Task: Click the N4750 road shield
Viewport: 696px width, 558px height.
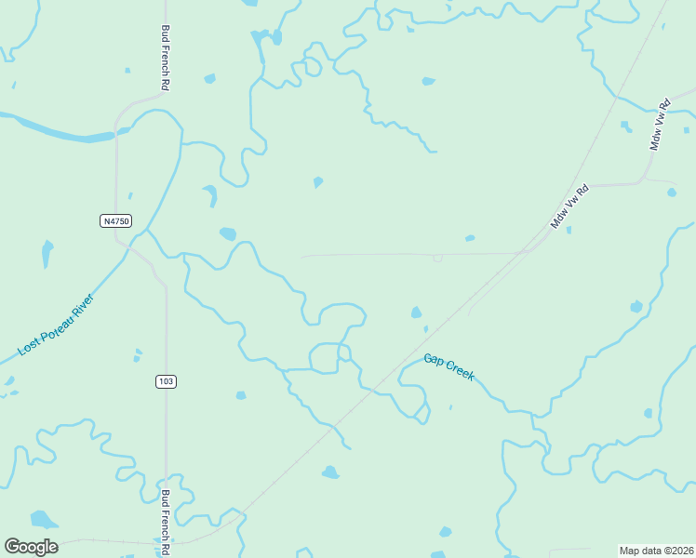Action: click(x=116, y=220)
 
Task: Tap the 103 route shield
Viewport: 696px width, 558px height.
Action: click(x=166, y=381)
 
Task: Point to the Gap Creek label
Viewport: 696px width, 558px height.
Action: click(x=449, y=366)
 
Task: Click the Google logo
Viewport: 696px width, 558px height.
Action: click(x=31, y=547)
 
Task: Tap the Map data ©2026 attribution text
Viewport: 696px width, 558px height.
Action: click(x=655, y=550)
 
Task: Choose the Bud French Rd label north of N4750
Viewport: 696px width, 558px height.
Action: click(x=166, y=58)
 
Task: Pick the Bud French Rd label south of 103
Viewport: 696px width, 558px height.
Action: click(x=166, y=517)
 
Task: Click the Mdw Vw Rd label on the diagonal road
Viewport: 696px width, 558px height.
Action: click(x=570, y=206)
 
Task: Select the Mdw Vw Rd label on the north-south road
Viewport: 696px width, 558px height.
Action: click(x=661, y=125)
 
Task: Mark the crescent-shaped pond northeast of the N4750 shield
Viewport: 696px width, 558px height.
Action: click(x=210, y=194)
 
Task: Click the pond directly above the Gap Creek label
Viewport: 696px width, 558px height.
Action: click(x=416, y=312)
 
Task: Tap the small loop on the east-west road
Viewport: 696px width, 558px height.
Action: click(x=437, y=258)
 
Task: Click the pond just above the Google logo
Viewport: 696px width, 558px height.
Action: click(x=42, y=518)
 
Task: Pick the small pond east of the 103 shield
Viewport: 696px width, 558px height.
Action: click(x=241, y=395)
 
